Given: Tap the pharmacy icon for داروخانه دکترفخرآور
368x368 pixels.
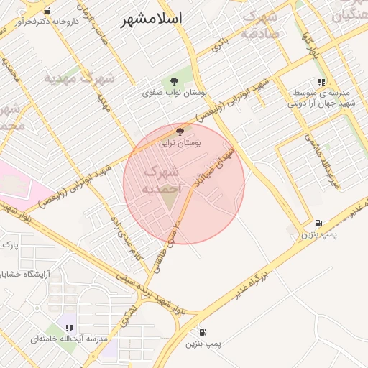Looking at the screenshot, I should click(x=47, y=11).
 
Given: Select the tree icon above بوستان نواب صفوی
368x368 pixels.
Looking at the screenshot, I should click(x=173, y=80).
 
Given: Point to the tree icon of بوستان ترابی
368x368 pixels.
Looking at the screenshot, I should click(x=180, y=131).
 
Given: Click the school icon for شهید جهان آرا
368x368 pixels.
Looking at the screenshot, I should click(x=321, y=83).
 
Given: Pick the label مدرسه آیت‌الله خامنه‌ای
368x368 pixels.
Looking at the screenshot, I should click(x=70, y=338).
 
